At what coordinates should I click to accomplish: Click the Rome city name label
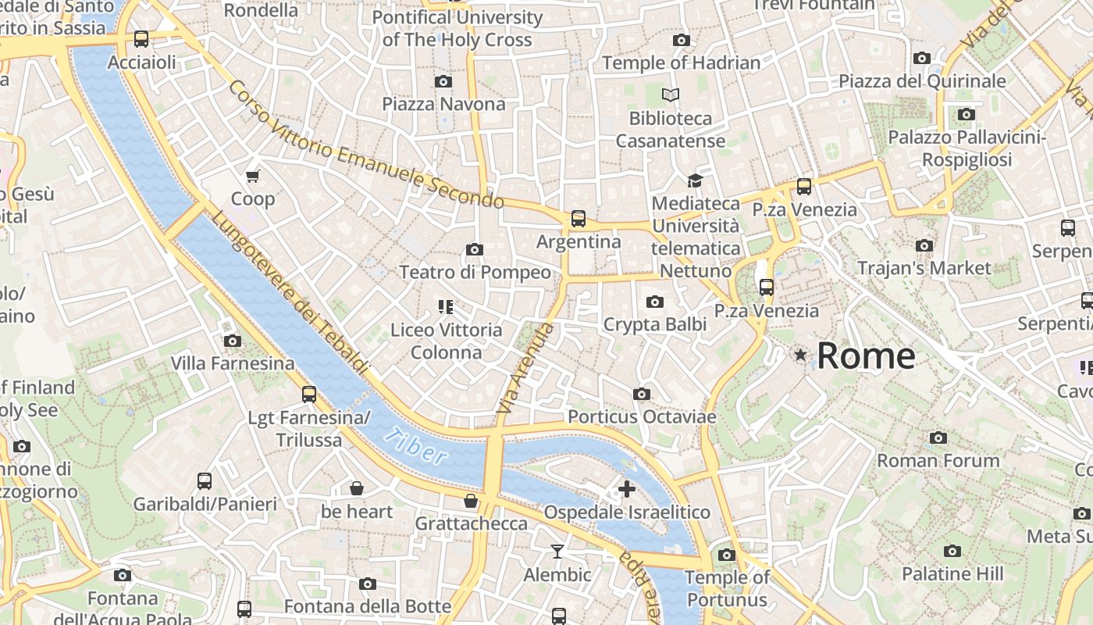click(x=866, y=356)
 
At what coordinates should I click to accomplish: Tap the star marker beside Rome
click(x=800, y=355)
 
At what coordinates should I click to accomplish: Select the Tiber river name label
click(x=416, y=448)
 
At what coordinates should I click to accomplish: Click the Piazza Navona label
click(x=443, y=104)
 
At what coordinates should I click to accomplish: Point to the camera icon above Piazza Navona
click(x=443, y=81)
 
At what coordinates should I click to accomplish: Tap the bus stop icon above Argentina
click(x=578, y=219)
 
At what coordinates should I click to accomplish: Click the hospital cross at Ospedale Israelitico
click(x=626, y=489)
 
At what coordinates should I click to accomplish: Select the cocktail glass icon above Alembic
click(x=557, y=552)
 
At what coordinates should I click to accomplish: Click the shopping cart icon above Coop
click(x=252, y=176)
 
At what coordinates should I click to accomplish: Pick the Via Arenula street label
click(x=525, y=368)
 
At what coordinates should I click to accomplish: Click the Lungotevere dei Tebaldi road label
click(x=290, y=292)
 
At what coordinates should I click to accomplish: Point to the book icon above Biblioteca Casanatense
click(x=671, y=95)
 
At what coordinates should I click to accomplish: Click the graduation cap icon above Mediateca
click(x=695, y=180)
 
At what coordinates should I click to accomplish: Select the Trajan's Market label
click(x=924, y=268)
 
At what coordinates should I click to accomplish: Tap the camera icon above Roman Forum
click(x=938, y=437)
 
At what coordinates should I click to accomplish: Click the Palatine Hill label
click(x=952, y=573)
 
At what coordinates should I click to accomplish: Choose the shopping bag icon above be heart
click(x=357, y=488)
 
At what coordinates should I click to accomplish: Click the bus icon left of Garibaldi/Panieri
click(x=205, y=481)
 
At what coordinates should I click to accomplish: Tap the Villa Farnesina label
click(x=233, y=363)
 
